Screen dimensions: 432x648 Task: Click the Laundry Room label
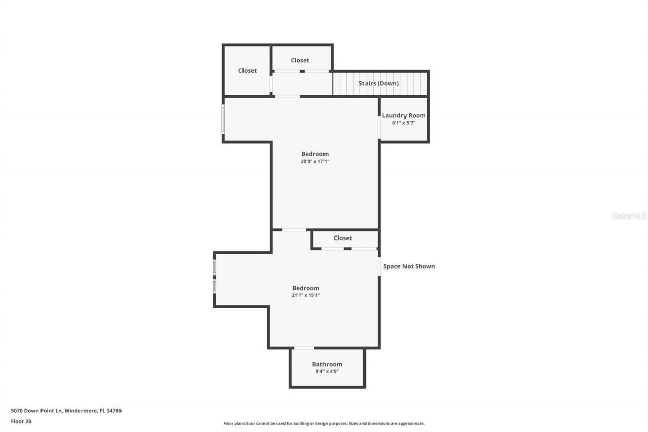tap(403, 115)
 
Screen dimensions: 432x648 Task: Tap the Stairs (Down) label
tap(379, 83)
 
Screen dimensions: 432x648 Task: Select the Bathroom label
tap(327, 364)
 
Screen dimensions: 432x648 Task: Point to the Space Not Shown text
tap(409, 266)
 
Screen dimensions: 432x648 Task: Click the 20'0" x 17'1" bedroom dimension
tap(315, 161)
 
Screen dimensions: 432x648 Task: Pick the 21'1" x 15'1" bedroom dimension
tap(306, 295)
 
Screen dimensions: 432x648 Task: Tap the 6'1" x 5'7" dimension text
tap(403, 123)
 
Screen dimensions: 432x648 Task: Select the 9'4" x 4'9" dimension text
tap(327, 371)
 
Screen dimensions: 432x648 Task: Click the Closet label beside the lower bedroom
tap(343, 238)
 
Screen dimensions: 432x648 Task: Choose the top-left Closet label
tap(248, 71)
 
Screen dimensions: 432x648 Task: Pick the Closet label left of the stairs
tap(300, 61)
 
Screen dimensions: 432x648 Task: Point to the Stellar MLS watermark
tap(629, 216)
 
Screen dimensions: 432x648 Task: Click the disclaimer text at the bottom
tap(324, 423)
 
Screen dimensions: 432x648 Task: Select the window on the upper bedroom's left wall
tap(223, 119)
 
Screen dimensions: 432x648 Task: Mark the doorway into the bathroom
tap(304, 348)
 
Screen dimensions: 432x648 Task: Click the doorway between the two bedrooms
tap(294, 230)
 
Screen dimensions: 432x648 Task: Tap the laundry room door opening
tap(379, 127)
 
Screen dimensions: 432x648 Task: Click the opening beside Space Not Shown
tap(379, 266)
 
